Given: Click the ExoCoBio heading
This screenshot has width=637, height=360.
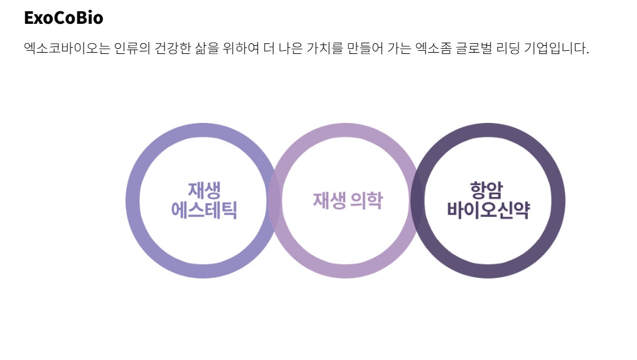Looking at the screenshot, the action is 63,18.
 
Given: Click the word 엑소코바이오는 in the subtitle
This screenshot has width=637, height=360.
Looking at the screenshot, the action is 67,48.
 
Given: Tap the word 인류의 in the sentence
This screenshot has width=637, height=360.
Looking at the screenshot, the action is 132,48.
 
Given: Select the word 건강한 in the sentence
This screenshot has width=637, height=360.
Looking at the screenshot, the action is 172,48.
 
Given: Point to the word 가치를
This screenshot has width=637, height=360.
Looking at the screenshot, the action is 324,48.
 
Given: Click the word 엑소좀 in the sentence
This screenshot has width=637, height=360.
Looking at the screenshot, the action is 433,48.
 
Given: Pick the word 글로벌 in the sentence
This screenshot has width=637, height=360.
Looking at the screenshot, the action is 474,48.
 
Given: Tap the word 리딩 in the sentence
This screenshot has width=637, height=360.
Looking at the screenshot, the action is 508,48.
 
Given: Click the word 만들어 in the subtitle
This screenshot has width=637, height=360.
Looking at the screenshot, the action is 365,48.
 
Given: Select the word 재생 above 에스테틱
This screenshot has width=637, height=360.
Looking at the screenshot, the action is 204,191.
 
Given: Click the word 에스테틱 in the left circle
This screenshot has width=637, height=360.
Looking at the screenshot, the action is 204,210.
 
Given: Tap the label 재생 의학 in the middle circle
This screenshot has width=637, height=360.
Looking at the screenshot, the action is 348,201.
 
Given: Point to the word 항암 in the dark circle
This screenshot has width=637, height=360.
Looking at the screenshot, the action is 486,191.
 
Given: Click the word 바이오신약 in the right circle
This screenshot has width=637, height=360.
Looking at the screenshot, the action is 488,210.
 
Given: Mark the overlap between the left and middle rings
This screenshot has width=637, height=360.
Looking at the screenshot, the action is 274,201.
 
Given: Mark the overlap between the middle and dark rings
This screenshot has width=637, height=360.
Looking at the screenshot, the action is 417,201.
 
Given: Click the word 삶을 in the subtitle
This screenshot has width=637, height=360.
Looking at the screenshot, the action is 206,48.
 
